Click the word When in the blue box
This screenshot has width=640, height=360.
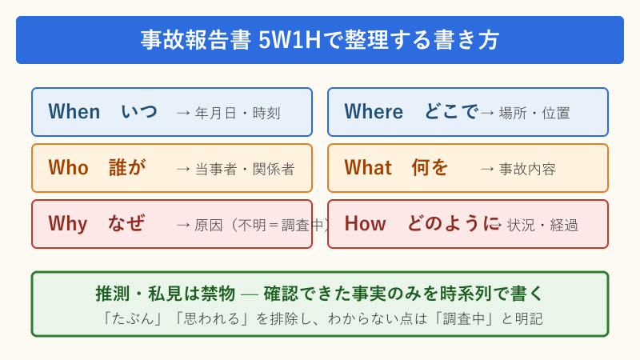[74, 112]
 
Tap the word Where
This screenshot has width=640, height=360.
[374, 112]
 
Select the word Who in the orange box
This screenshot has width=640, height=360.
[68, 168]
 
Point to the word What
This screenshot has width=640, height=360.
[368, 168]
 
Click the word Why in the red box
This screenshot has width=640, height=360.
[67, 224]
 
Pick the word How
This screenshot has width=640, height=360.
[365, 224]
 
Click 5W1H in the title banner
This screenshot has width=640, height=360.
[289, 40]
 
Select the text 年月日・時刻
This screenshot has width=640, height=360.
[238, 114]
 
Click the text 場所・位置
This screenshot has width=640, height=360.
[534, 114]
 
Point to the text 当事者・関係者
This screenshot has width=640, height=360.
[245, 170]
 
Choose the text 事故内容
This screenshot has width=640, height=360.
[527, 170]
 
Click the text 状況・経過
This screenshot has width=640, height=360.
[542, 226]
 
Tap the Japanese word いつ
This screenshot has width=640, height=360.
[139, 112]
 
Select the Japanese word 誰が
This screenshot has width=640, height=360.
[127, 168]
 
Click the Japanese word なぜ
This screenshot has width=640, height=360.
[126, 224]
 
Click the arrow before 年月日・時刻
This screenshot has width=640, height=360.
[183, 114]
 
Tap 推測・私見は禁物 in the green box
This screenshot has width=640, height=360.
[166, 294]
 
